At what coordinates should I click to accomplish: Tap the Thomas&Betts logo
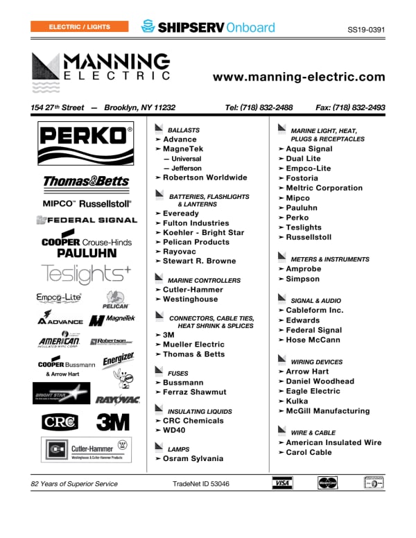coord(86,182)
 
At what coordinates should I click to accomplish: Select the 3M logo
coord(112,422)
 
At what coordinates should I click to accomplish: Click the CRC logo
coord(60,422)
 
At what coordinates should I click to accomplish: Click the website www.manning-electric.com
coord(298,77)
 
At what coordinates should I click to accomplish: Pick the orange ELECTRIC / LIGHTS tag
coord(80,27)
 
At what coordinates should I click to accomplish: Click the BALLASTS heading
coord(184,130)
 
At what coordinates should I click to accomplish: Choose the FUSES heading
coord(178,374)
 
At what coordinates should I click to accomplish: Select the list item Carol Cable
coord(309,453)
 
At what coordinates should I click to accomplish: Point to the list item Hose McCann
coord(313,340)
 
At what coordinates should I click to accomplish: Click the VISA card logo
coord(281,483)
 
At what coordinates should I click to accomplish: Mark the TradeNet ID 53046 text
coord(201,484)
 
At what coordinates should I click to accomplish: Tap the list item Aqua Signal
coord(309,149)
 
